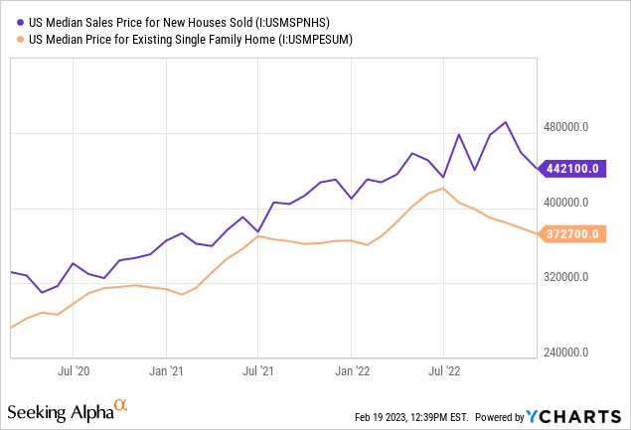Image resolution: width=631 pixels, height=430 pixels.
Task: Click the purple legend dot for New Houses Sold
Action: [22, 22]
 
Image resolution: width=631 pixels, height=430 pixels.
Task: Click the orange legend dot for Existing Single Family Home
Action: [22, 40]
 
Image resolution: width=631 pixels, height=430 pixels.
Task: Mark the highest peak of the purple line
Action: [506, 122]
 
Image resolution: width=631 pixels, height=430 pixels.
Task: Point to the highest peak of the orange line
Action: [443, 188]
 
